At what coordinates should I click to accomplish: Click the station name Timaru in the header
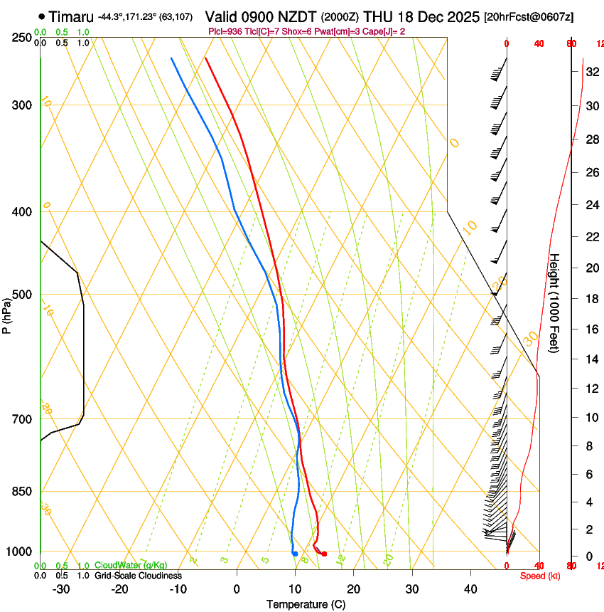(70, 16)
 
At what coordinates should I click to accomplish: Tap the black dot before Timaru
(42, 16)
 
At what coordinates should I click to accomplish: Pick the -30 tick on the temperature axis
(61, 589)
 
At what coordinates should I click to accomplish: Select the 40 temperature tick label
(470, 589)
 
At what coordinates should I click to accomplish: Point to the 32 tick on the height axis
(590, 72)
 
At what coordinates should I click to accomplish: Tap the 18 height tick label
(590, 299)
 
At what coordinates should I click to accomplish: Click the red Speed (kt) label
(539, 576)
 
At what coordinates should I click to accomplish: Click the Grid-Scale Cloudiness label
(138, 575)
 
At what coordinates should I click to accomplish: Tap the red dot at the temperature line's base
(324, 554)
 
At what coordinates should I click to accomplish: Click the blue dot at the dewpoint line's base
(295, 554)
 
